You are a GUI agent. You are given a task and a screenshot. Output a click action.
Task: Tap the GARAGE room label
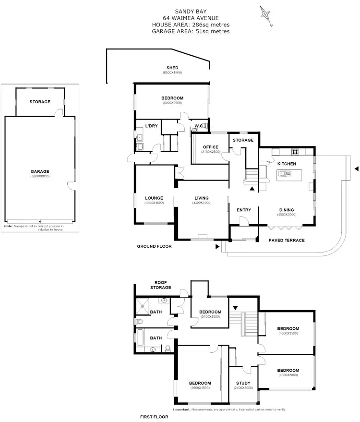pos(40,171)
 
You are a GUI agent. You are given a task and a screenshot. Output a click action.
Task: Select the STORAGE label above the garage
pos(40,102)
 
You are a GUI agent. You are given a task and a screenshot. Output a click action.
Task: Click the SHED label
pos(172,68)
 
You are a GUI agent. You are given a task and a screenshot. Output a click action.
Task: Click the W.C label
pos(198,127)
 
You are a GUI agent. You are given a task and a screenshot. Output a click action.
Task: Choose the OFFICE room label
pos(210,147)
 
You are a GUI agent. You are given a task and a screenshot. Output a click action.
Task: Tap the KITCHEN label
pos(287,164)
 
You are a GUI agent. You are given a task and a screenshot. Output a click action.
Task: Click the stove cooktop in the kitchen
pos(296,152)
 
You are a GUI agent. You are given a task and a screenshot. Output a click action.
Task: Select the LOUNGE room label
pos(154,198)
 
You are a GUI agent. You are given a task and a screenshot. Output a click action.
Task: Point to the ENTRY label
pos(244,210)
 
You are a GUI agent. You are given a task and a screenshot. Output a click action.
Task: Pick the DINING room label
pos(287,210)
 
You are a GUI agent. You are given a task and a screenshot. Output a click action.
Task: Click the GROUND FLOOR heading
pos(154,246)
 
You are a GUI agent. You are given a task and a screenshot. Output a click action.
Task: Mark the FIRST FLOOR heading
pos(153,417)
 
